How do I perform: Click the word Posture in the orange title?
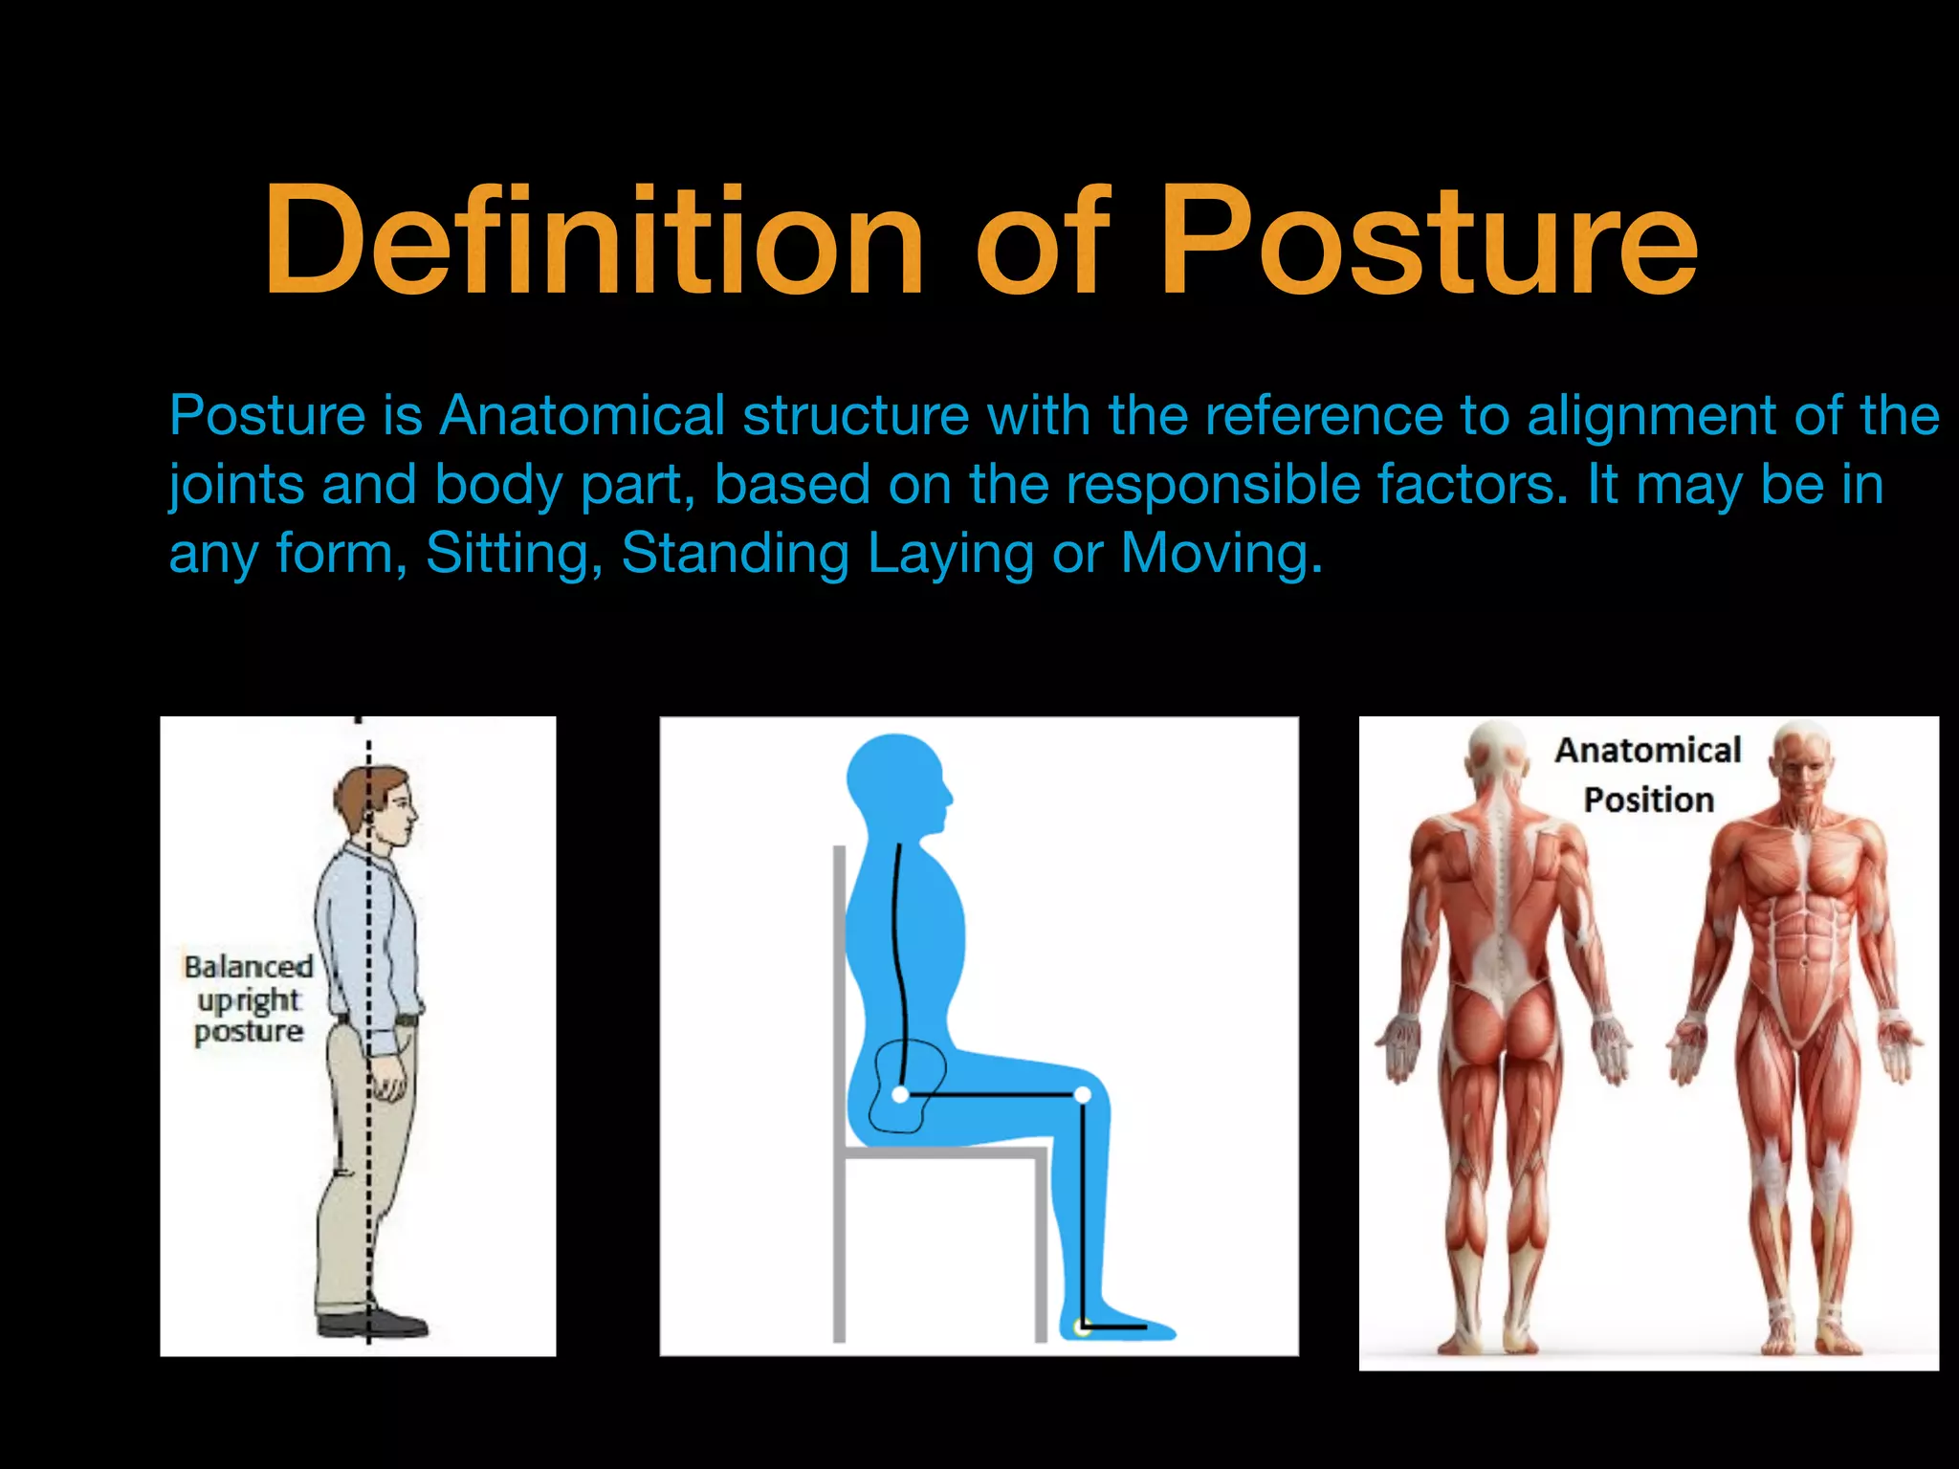[1429, 241]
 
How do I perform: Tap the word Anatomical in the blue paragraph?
[582, 416]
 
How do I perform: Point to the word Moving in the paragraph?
[1221, 553]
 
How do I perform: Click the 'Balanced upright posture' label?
[248, 998]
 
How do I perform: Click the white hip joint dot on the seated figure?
[900, 1094]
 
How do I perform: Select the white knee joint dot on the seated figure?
[1082, 1094]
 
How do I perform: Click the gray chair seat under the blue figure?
[942, 1153]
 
